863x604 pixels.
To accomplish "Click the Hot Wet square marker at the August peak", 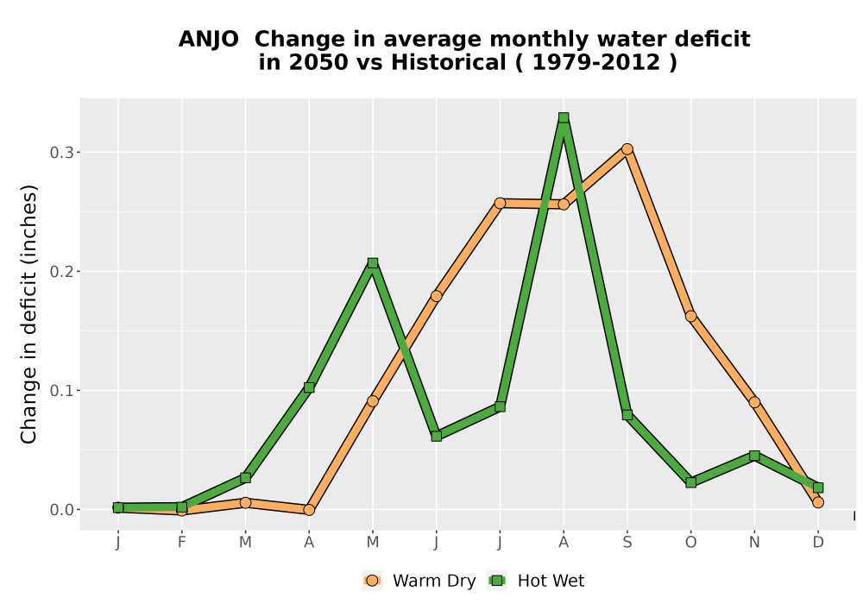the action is point(563,117).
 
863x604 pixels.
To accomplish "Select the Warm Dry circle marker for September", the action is point(627,149).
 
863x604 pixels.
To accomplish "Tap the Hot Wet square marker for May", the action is point(373,263).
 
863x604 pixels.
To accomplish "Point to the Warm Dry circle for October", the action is point(690,316).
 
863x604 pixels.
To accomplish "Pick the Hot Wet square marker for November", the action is point(754,456).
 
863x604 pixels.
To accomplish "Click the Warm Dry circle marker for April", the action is point(309,510).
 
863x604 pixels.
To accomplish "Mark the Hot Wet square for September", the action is point(627,415).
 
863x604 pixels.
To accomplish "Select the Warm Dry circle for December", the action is point(818,502).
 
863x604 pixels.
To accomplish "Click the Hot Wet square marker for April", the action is point(309,387).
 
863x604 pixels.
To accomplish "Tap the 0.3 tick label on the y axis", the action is point(61,153).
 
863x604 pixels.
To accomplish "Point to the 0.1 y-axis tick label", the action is point(61,391).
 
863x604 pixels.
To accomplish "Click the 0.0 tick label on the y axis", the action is point(61,510).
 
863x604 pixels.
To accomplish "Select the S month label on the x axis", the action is point(627,543).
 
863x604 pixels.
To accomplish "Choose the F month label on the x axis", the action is point(181,543).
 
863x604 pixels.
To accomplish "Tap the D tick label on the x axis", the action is point(818,543).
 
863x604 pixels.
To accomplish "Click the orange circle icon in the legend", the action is point(372,581).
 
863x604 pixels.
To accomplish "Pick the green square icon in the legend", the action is point(497,581).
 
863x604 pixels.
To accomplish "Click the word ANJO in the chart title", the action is point(209,40).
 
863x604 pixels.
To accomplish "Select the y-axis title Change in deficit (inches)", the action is point(28,314).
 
